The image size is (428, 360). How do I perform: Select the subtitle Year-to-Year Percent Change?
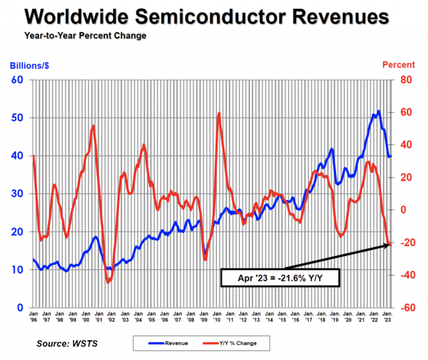pyautogui.click(x=85, y=36)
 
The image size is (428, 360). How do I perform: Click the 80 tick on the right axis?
pyautogui.click(x=405, y=79)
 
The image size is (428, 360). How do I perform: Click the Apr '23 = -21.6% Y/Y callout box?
pyautogui.click(x=280, y=277)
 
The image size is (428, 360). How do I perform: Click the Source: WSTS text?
pyautogui.click(x=67, y=343)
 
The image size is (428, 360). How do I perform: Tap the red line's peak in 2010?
pyautogui.click(x=219, y=113)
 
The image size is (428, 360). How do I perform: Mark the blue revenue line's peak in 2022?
pyautogui.click(x=378, y=111)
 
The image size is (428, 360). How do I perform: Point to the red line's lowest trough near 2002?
pyautogui.click(x=108, y=282)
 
